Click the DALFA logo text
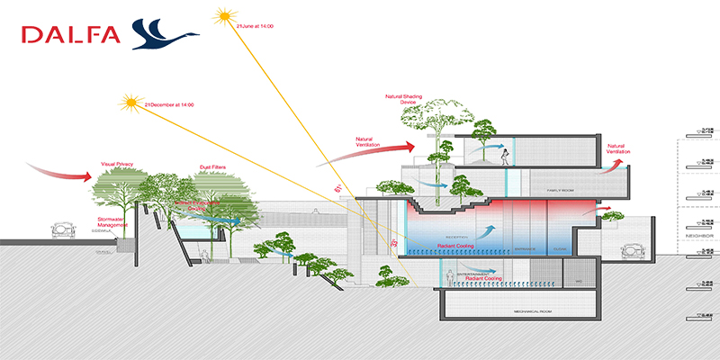tap(72, 36)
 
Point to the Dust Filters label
tap(211, 167)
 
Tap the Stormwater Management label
tap(112, 222)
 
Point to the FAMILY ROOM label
tap(546, 192)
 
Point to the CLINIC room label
tap(560, 249)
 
